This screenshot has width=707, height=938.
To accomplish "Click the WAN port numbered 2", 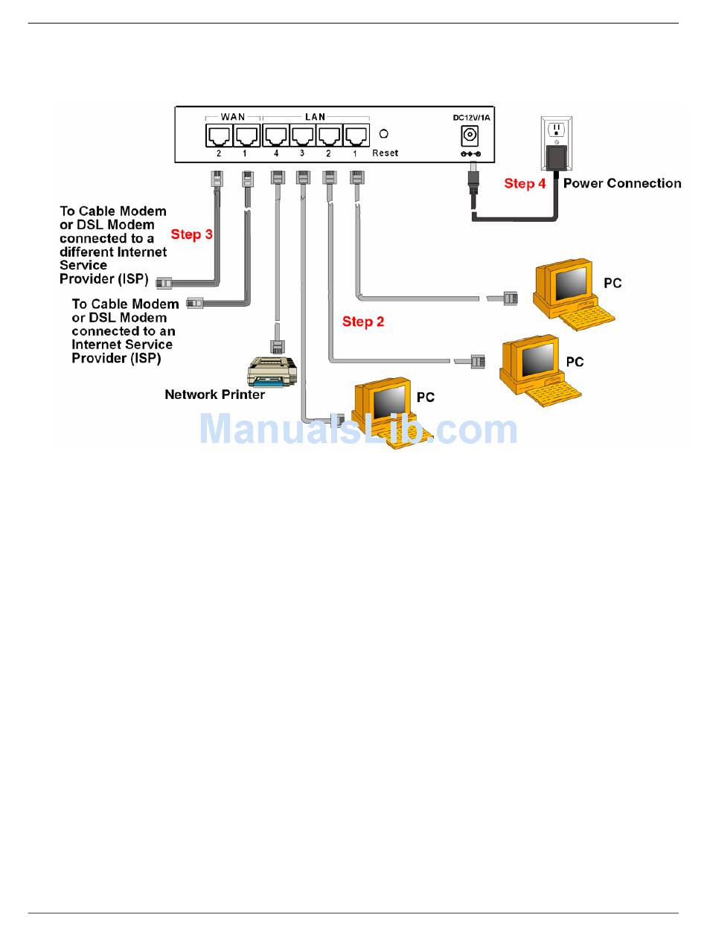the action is (219, 135).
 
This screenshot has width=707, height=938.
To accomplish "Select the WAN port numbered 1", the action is (247, 135).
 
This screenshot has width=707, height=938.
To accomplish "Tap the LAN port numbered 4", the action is (276, 135).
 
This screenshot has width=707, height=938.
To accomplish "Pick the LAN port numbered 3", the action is (303, 135).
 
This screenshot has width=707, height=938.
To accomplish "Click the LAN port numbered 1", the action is (356, 135).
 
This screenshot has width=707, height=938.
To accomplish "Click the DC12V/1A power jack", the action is (469, 136).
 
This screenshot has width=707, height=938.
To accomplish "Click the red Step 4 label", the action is (525, 183).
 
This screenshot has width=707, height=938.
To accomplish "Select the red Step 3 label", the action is (191, 234).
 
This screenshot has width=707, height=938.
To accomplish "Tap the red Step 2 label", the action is (362, 322).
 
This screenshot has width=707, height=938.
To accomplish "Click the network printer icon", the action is (272, 371).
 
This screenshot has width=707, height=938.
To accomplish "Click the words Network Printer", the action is (214, 394).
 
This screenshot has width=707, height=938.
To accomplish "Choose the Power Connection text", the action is (622, 183).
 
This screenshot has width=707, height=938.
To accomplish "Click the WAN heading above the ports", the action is (233, 117).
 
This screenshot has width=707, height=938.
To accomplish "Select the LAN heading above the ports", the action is (316, 117).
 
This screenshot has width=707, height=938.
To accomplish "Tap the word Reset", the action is (385, 153).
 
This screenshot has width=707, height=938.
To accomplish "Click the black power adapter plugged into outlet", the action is (557, 157).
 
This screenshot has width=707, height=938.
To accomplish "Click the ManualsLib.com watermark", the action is (359, 428).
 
